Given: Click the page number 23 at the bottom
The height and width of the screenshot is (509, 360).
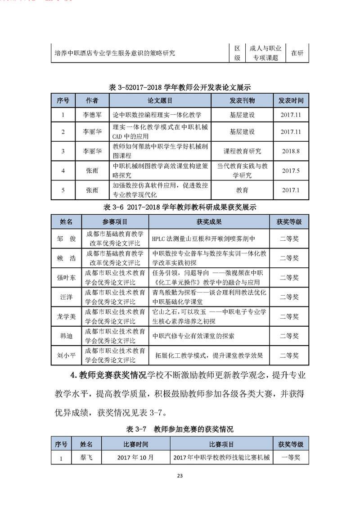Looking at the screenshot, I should coord(180,476).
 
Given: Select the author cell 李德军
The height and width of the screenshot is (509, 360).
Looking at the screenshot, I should coord(92,115).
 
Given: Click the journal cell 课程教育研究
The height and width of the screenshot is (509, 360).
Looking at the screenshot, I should coord(242,151).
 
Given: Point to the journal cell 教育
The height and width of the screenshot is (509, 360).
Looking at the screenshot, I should coord(242,190).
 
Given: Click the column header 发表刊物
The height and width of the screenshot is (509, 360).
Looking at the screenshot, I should coord(242,100).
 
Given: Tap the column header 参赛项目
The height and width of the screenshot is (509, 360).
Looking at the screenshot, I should coord(115,222).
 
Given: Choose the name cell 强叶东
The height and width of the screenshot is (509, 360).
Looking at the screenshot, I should coord(66,277).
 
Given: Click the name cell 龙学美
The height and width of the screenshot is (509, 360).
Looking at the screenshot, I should coord(66,316).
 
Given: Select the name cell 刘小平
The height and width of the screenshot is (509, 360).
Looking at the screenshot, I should coord(66,355).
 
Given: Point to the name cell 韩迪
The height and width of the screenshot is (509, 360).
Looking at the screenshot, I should coord(66,336).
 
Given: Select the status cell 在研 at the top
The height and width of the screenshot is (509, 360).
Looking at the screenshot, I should coord(297,53).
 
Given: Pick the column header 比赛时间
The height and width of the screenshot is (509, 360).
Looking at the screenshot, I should coord(135,444).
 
